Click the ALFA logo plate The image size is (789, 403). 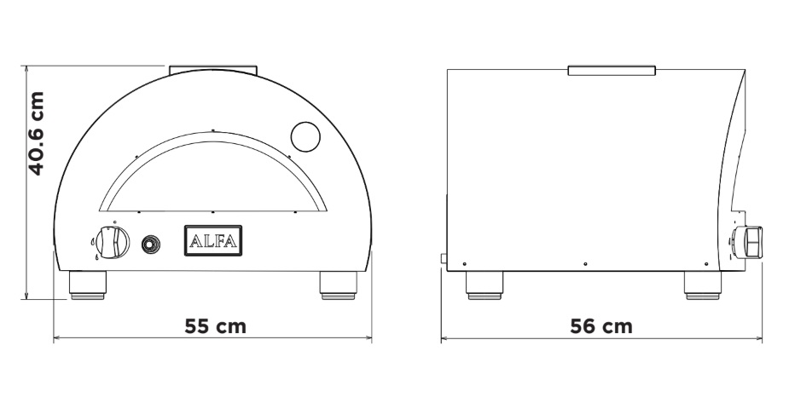pos(213,241)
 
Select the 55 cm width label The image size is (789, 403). pos(216,326)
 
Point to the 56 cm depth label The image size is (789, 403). pos(600,326)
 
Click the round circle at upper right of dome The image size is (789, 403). pos(305,135)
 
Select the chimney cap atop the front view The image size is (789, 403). pos(212,68)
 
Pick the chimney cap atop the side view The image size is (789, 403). pos(612,69)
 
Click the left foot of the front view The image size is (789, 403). pos(88,286)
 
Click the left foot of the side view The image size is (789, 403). pos(484,286)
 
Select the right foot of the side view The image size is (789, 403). pos(703,286)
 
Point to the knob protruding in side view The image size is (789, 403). pos(751,242)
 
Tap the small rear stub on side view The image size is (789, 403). pos(442,258)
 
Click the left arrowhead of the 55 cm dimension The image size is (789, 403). pos(56,339)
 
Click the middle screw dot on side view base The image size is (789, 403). pos(585,264)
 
